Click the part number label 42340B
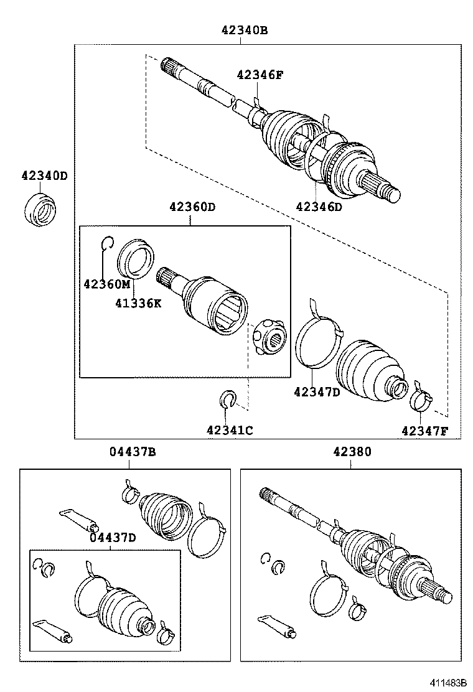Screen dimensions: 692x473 pos(243,30)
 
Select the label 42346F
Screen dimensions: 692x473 pos(260,75)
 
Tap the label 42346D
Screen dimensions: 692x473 pos(319,207)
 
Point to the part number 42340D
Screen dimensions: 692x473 pos(40,176)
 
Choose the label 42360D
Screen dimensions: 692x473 pos(192,207)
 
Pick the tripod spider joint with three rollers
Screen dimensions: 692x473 pos(269,337)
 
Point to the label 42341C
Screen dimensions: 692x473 pos(230,429)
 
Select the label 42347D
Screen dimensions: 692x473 pos(317,391)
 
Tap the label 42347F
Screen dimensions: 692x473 pos(424,430)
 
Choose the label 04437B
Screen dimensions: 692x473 pos(133,452)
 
